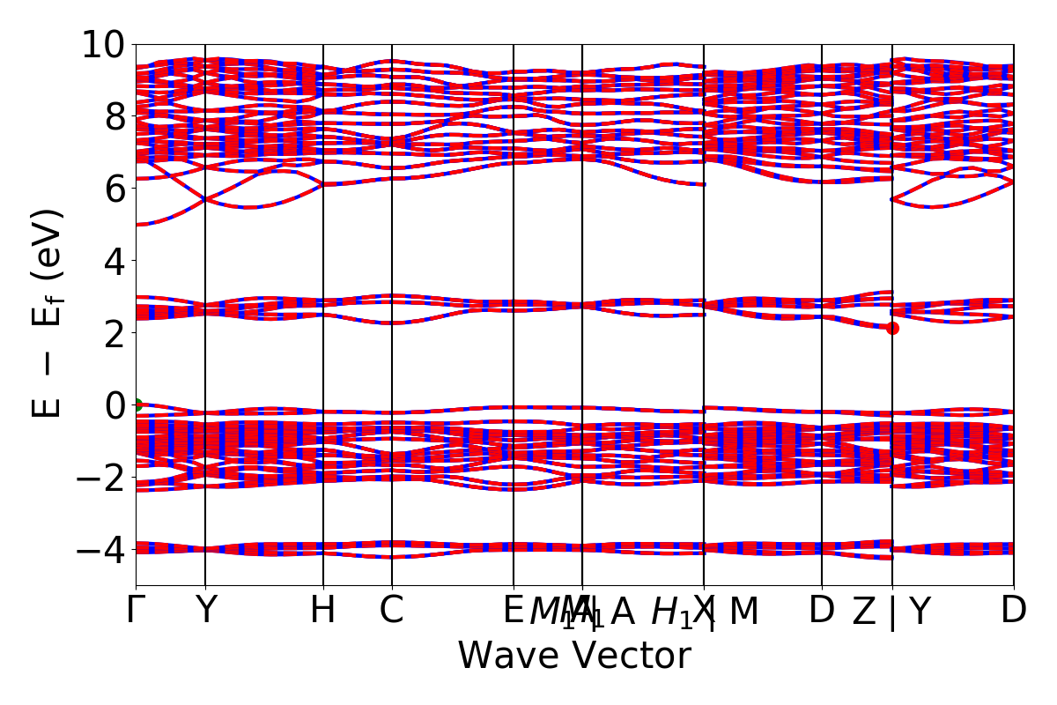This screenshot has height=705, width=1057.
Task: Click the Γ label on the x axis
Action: click(x=134, y=611)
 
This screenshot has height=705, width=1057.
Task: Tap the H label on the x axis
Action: click(x=323, y=611)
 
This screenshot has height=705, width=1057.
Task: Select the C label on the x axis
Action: click(x=392, y=611)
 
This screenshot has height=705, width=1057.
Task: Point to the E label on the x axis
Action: click(x=513, y=611)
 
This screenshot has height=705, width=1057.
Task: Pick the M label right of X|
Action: click(x=744, y=611)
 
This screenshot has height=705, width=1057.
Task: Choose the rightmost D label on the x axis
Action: click(x=1014, y=611)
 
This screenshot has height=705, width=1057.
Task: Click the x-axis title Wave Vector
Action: click(x=574, y=657)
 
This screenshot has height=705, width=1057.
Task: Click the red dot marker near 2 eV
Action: click(x=892, y=328)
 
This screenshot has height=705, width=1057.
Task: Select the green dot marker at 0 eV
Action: click(x=137, y=404)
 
